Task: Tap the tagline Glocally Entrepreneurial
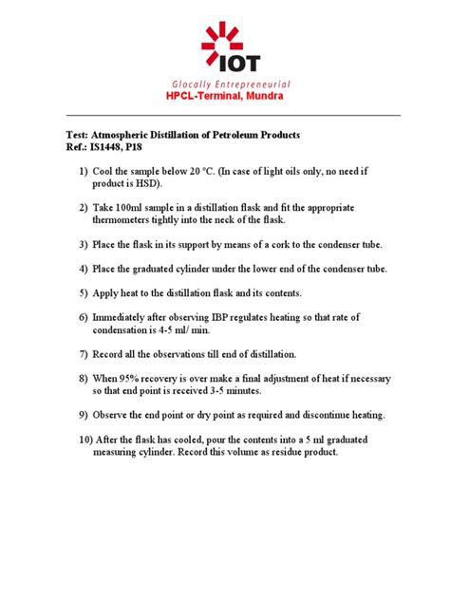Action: (x=225, y=84)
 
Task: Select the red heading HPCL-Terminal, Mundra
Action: (x=225, y=97)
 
